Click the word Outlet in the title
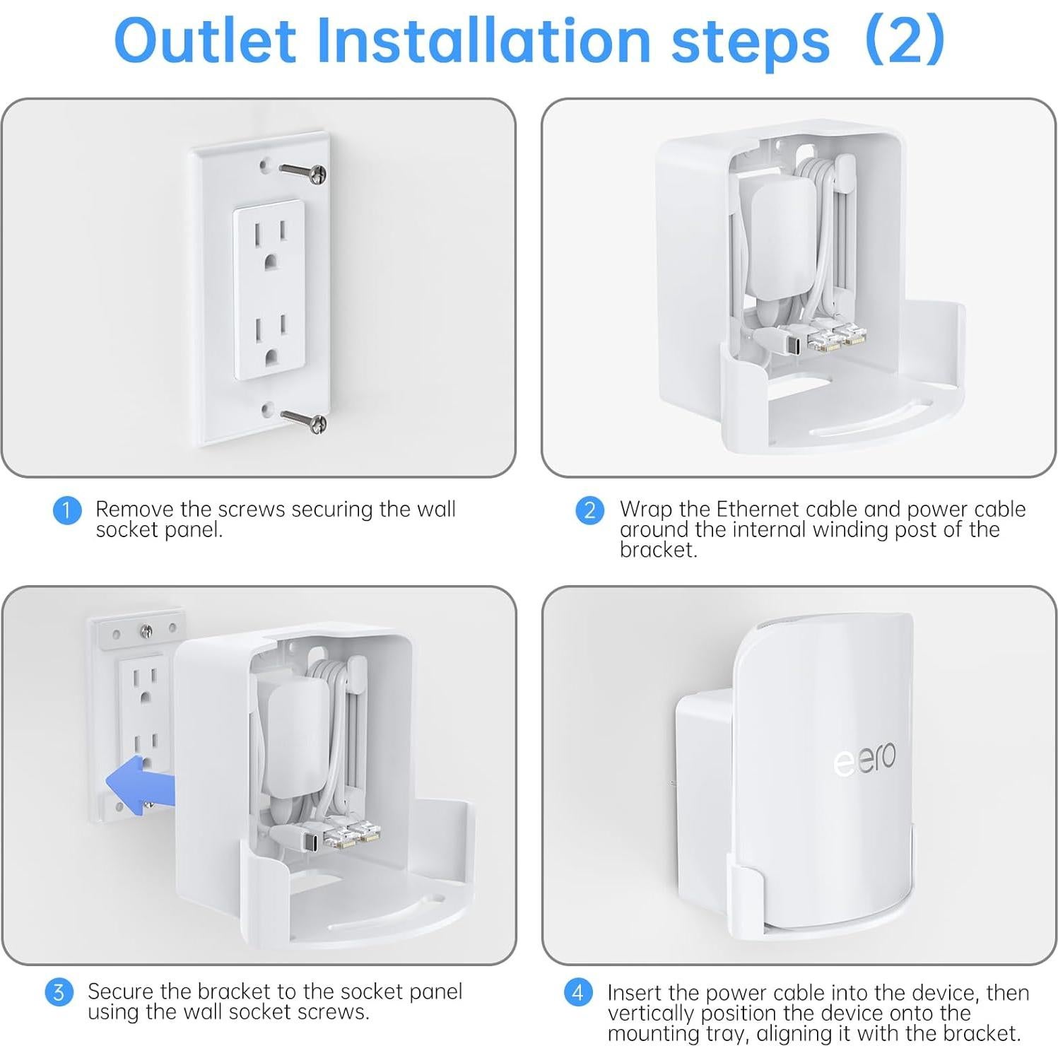tap(204, 40)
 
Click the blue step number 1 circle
tap(66, 510)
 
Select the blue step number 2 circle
tap(589, 510)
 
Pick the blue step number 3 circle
tap(59, 992)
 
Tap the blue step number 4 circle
tap(577, 992)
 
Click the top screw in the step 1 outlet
tap(302, 171)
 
